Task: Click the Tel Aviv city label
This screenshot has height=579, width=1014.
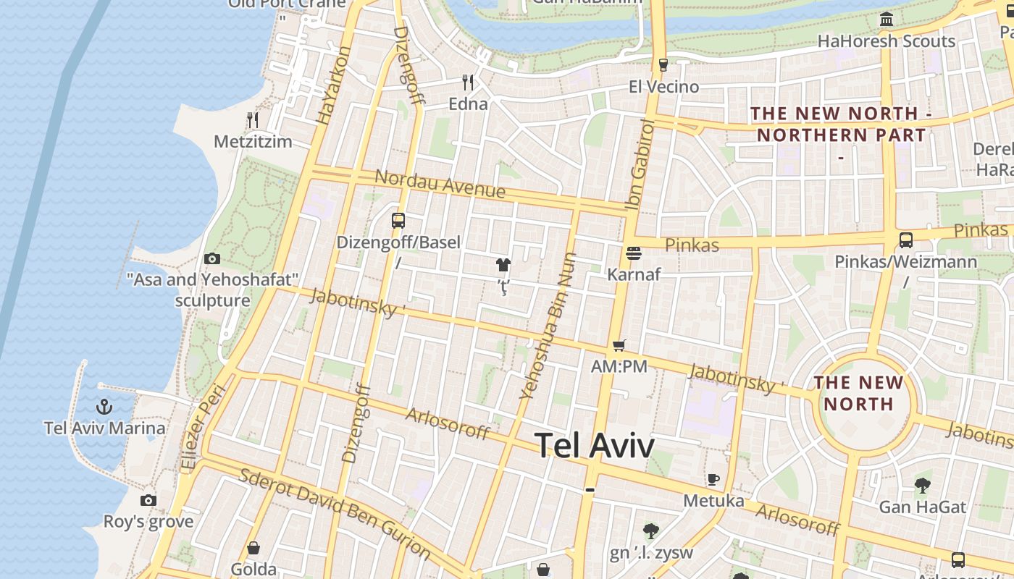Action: click(594, 446)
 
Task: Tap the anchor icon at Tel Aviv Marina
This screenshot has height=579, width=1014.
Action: click(104, 407)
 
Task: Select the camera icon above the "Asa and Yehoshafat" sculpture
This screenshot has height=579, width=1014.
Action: click(212, 258)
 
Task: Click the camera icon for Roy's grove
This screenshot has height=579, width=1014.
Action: click(148, 500)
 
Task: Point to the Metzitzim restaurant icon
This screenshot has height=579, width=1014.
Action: click(252, 119)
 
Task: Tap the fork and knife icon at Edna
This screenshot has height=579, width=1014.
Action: click(468, 82)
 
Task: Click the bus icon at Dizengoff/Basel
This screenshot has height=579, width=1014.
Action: click(398, 220)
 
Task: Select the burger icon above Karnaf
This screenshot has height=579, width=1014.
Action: click(634, 253)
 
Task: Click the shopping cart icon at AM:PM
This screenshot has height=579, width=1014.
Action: click(619, 345)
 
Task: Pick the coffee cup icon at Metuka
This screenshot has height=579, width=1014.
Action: click(713, 479)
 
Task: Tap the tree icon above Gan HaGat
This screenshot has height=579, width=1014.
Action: click(922, 485)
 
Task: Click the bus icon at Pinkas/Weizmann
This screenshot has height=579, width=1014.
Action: click(905, 240)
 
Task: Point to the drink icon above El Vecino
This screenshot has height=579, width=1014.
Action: click(663, 65)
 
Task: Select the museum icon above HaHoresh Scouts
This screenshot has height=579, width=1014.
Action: click(886, 19)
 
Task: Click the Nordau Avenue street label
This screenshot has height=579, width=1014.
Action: click(440, 184)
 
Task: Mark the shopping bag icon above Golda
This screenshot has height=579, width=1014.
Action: click(253, 548)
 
